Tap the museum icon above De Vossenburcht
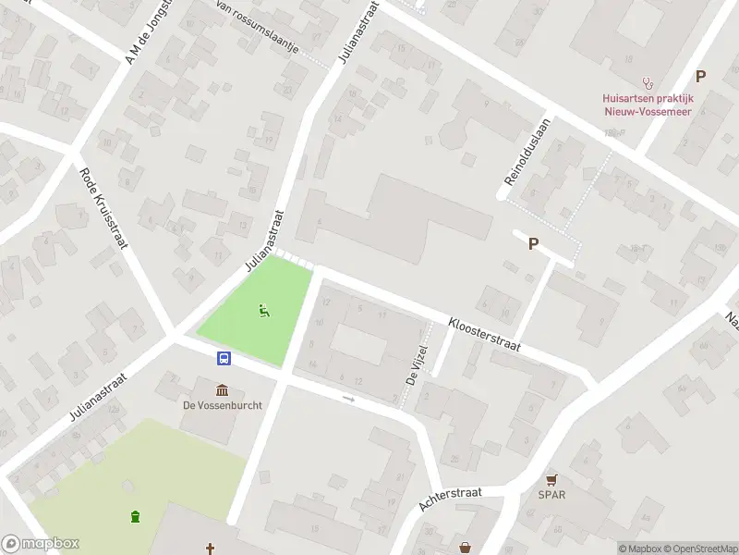tap(222, 389)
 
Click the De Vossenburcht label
tap(222, 405)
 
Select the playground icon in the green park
tap(264, 312)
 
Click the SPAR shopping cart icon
tap(551, 479)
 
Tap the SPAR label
tap(551, 494)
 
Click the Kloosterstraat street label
tap(485, 335)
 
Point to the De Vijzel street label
tap(418, 365)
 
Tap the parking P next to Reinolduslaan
tap(532, 243)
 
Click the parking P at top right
tap(700, 77)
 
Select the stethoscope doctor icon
tap(648, 82)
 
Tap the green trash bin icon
tap(136, 515)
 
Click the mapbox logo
tap(40, 544)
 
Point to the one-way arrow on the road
tap(348, 399)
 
